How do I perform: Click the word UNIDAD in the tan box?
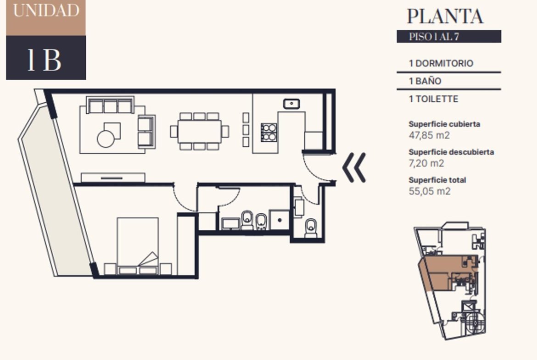point(46,10)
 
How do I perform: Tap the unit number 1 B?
point(44,60)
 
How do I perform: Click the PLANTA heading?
point(445,16)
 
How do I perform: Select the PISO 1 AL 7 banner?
point(448,37)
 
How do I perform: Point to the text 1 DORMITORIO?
point(441,63)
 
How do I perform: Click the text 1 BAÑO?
point(425,81)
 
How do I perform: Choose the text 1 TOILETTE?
point(434,99)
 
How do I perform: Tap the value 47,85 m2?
point(429,135)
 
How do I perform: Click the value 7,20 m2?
point(426,163)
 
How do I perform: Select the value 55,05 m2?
point(430,191)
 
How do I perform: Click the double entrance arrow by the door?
point(354,167)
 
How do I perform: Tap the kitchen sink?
point(291,103)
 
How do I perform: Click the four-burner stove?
point(269,133)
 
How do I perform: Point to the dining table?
point(199,132)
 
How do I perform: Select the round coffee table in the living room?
point(106,139)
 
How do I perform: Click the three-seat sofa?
point(110,105)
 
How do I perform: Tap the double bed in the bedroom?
point(138,246)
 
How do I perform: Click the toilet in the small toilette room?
point(311,228)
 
